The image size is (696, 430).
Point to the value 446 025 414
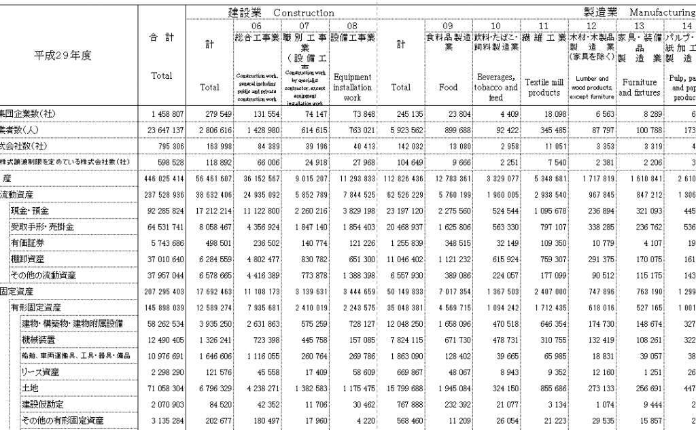(x=161, y=179)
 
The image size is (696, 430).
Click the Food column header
(x=449, y=87)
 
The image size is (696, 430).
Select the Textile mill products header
(x=544, y=87)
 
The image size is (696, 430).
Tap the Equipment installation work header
(x=353, y=87)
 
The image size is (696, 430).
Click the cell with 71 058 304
(x=161, y=388)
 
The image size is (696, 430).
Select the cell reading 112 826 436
(x=401, y=179)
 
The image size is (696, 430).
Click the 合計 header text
(x=161, y=38)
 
